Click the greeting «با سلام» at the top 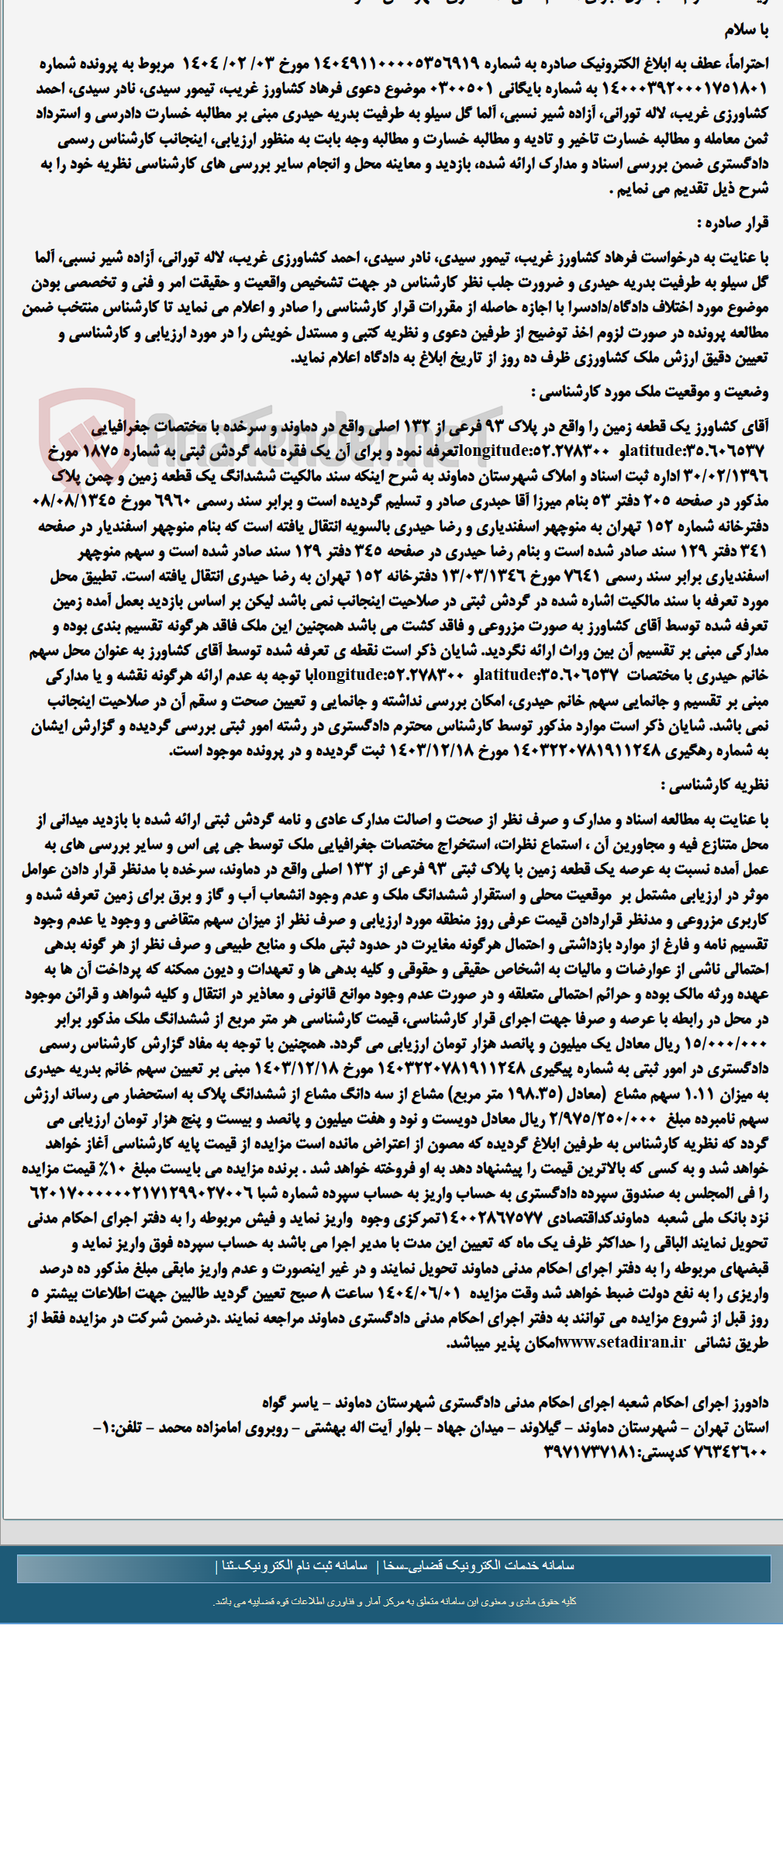pos(746,29)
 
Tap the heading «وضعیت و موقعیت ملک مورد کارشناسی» pos(650,392)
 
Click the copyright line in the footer pos(395,1601)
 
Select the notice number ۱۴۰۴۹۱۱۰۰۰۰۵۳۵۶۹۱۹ pos(396,64)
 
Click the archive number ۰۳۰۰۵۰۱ pos(463,88)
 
